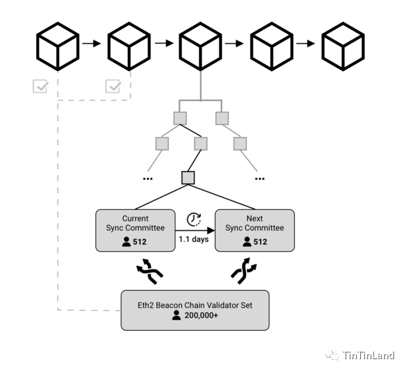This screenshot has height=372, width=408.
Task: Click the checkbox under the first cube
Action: pyautogui.click(x=40, y=86)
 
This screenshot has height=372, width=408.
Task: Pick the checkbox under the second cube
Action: pyautogui.click(x=112, y=86)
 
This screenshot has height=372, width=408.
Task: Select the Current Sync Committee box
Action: pyautogui.click(x=135, y=230)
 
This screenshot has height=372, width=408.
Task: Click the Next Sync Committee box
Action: pyautogui.click(x=255, y=230)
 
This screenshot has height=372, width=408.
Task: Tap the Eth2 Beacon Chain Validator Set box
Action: pyautogui.click(x=195, y=310)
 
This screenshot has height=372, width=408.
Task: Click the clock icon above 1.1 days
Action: pyautogui.click(x=194, y=220)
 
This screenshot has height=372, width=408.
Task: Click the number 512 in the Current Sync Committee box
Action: pyautogui.click(x=140, y=241)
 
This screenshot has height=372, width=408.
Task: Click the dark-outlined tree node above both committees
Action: pyautogui.click(x=188, y=177)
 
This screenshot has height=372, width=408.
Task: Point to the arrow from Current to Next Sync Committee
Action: pyautogui.click(x=195, y=231)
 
